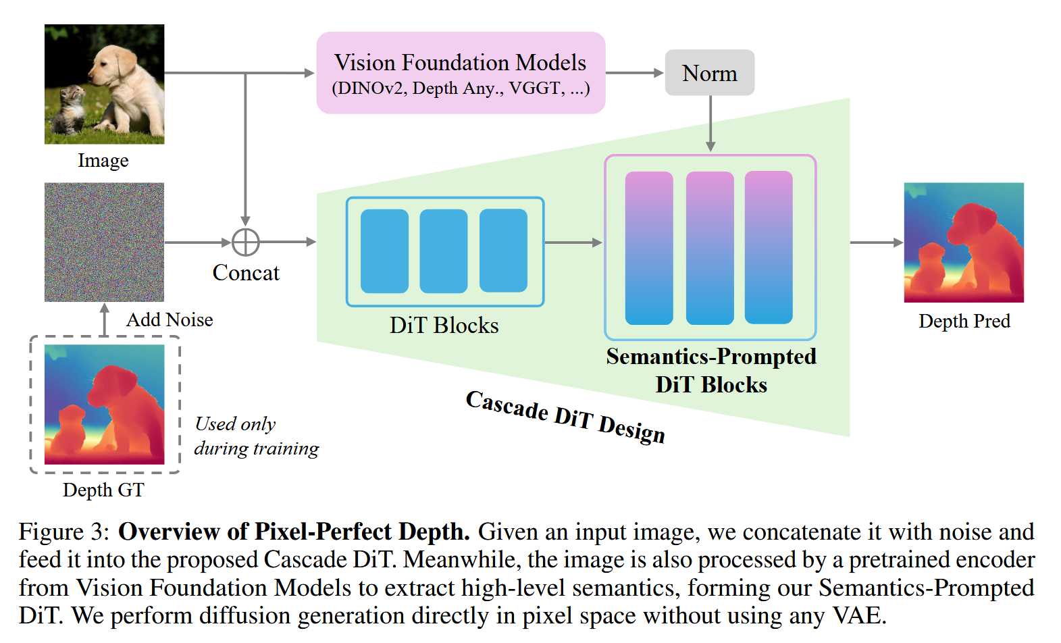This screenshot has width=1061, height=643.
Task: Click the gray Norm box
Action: pos(709,72)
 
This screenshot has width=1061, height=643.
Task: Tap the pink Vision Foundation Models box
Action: pos(461,73)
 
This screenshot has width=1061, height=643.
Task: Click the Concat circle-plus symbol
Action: pos(245,242)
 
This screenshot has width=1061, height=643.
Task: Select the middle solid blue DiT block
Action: pos(443,251)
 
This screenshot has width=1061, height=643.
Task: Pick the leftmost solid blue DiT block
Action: pos(384,251)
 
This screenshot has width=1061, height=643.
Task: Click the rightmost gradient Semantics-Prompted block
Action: pos(769,247)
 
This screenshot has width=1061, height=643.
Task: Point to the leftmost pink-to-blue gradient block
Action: pos(649,247)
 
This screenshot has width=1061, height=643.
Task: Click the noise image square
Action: pos(104,242)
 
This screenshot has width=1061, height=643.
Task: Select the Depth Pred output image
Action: pos(964,242)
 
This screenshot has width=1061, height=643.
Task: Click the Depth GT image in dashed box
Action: pos(104,404)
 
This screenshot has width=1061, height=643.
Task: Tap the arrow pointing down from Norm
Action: pos(710,124)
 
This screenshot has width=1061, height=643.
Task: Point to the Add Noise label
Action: pos(170,319)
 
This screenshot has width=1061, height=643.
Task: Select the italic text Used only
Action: pos(235,423)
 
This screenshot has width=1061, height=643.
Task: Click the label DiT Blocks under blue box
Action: pos(444,326)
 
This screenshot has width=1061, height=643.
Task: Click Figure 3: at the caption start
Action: pos(63,532)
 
